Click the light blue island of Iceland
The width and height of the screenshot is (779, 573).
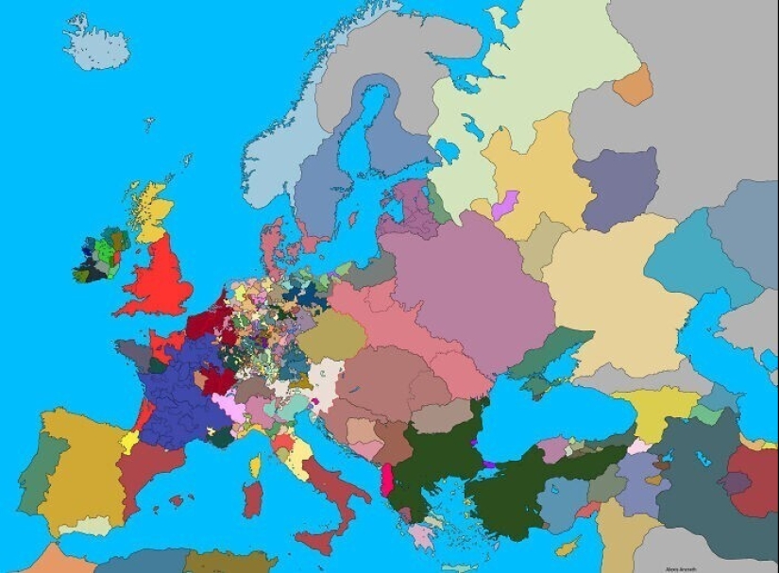coord(97,42)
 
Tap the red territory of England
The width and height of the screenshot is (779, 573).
coord(160,278)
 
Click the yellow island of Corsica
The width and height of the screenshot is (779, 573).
coord(255,465)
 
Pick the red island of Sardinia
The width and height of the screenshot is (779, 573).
coord(252,499)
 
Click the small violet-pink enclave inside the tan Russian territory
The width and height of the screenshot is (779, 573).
coord(506,204)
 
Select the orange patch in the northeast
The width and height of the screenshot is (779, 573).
coord(633,86)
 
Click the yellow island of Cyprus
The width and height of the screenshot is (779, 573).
coord(567,546)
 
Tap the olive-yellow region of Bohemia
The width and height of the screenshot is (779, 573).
coord(331,335)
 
